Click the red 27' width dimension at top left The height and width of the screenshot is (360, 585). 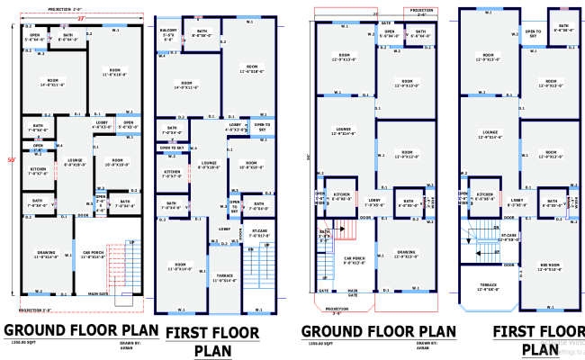click(x=79, y=18)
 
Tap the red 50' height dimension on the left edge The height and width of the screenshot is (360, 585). click(x=12, y=160)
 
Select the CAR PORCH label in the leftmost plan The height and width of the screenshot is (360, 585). click(x=94, y=255)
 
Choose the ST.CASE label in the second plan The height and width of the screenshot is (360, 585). click(x=259, y=233)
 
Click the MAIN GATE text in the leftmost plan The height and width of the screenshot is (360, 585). click(x=99, y=293)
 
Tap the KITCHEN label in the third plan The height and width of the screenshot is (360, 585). click(x=342, y=193)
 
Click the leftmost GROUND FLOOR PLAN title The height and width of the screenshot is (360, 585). click(x=81, y=329)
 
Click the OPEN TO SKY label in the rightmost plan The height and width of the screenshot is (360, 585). click(x=533, y=33)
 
